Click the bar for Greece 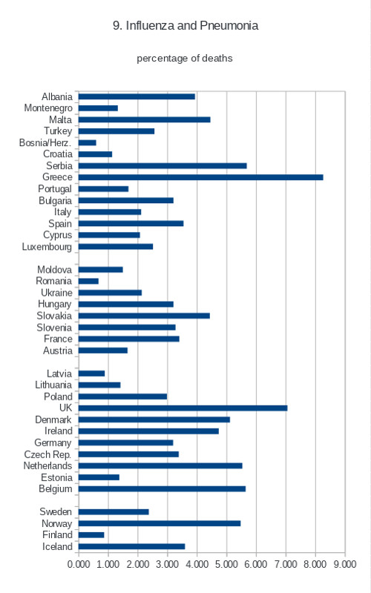(200, 177)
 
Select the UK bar (183, 408)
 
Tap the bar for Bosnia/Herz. (88, 142)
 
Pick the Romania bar (88, 281)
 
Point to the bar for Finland (91, 534)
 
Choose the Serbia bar (162, 165)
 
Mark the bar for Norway (160, 523)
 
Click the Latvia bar (91, 374)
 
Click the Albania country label (57, 96)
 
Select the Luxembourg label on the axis (47, 247)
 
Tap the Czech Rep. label (47, 454)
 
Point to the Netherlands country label (47, 466)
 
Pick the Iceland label (57, 546)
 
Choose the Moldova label (54, 270)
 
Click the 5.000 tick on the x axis (226, 564)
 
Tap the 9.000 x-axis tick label (345, 564)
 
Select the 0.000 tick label (79, 564)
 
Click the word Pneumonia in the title (229, 26)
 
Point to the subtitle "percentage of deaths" (185, 59)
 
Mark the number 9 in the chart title (116, 26)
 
